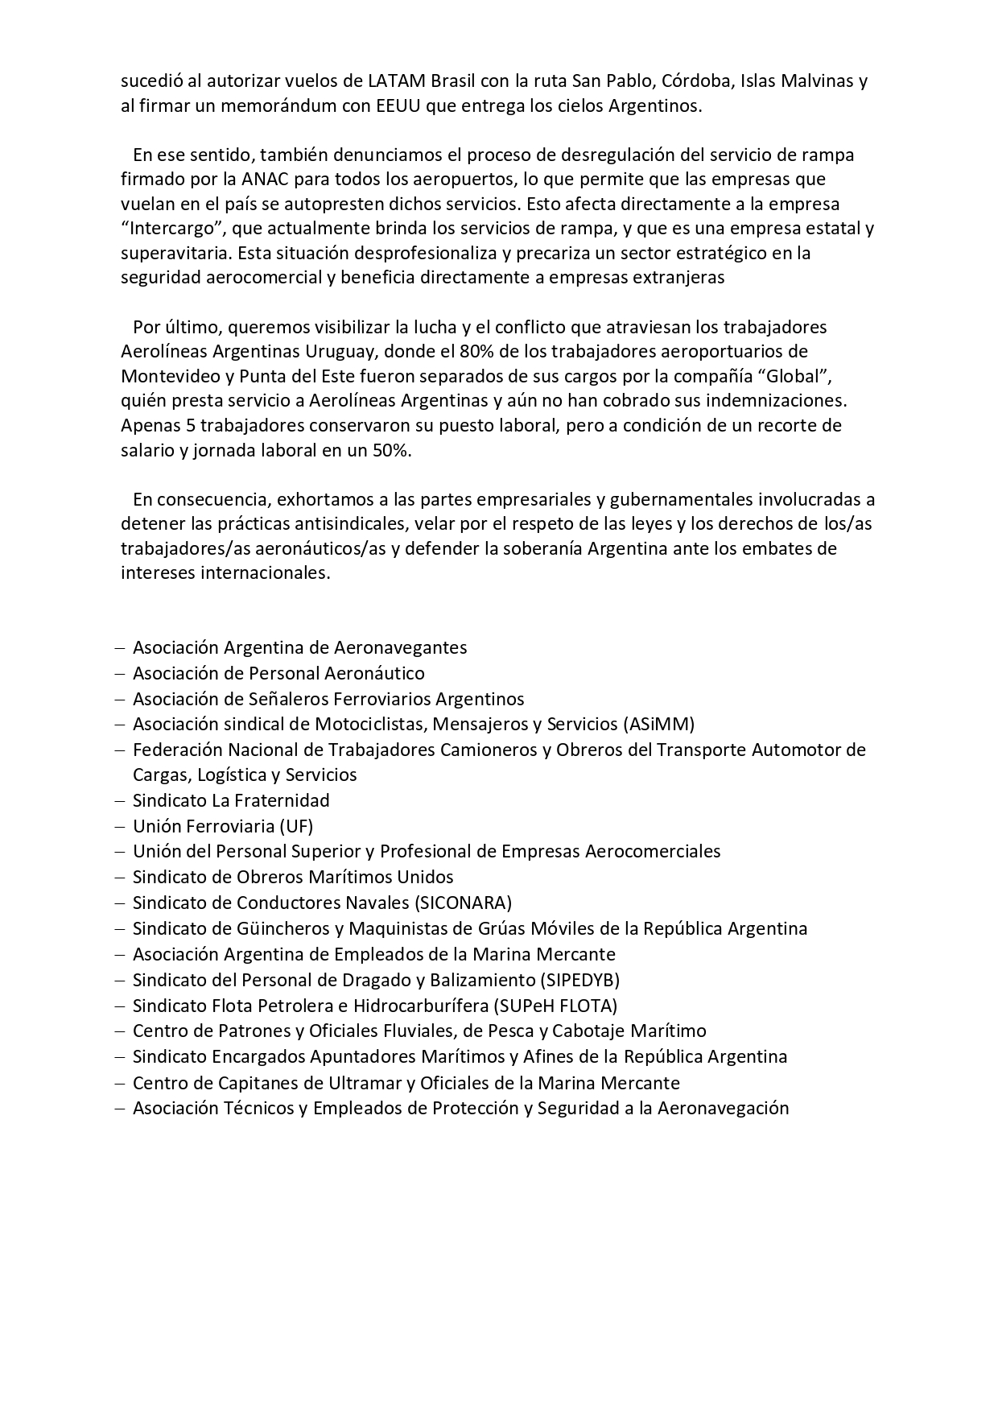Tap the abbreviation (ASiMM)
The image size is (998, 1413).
(x=658, y=724)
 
